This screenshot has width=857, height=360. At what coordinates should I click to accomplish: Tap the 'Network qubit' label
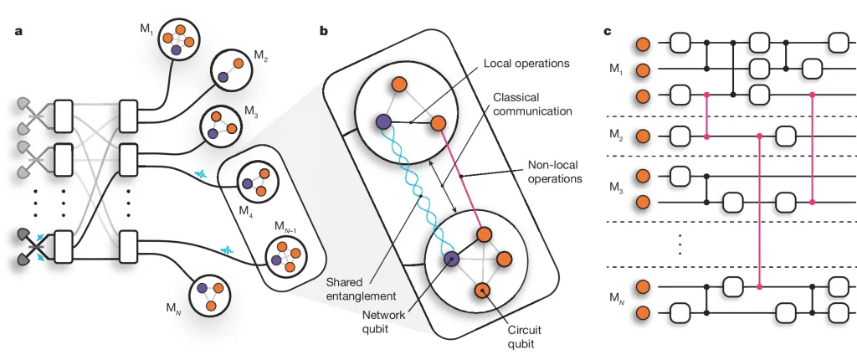pyautogui.click(x=392, y=321)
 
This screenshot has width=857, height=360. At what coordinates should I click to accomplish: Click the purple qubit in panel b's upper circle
pyautogui.click(x=383, y=122)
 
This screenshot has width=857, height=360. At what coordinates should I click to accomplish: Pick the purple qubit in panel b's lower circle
pyautogui.click(x=451, y=259)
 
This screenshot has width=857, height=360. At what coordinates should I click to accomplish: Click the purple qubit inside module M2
pyautogui.click(x=223, y=76)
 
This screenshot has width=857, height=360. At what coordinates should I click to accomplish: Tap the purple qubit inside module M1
pyautogui.click(x=177, y=50)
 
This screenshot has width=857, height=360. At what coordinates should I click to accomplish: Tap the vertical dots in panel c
pyautogui.click(x=680, y=244)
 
